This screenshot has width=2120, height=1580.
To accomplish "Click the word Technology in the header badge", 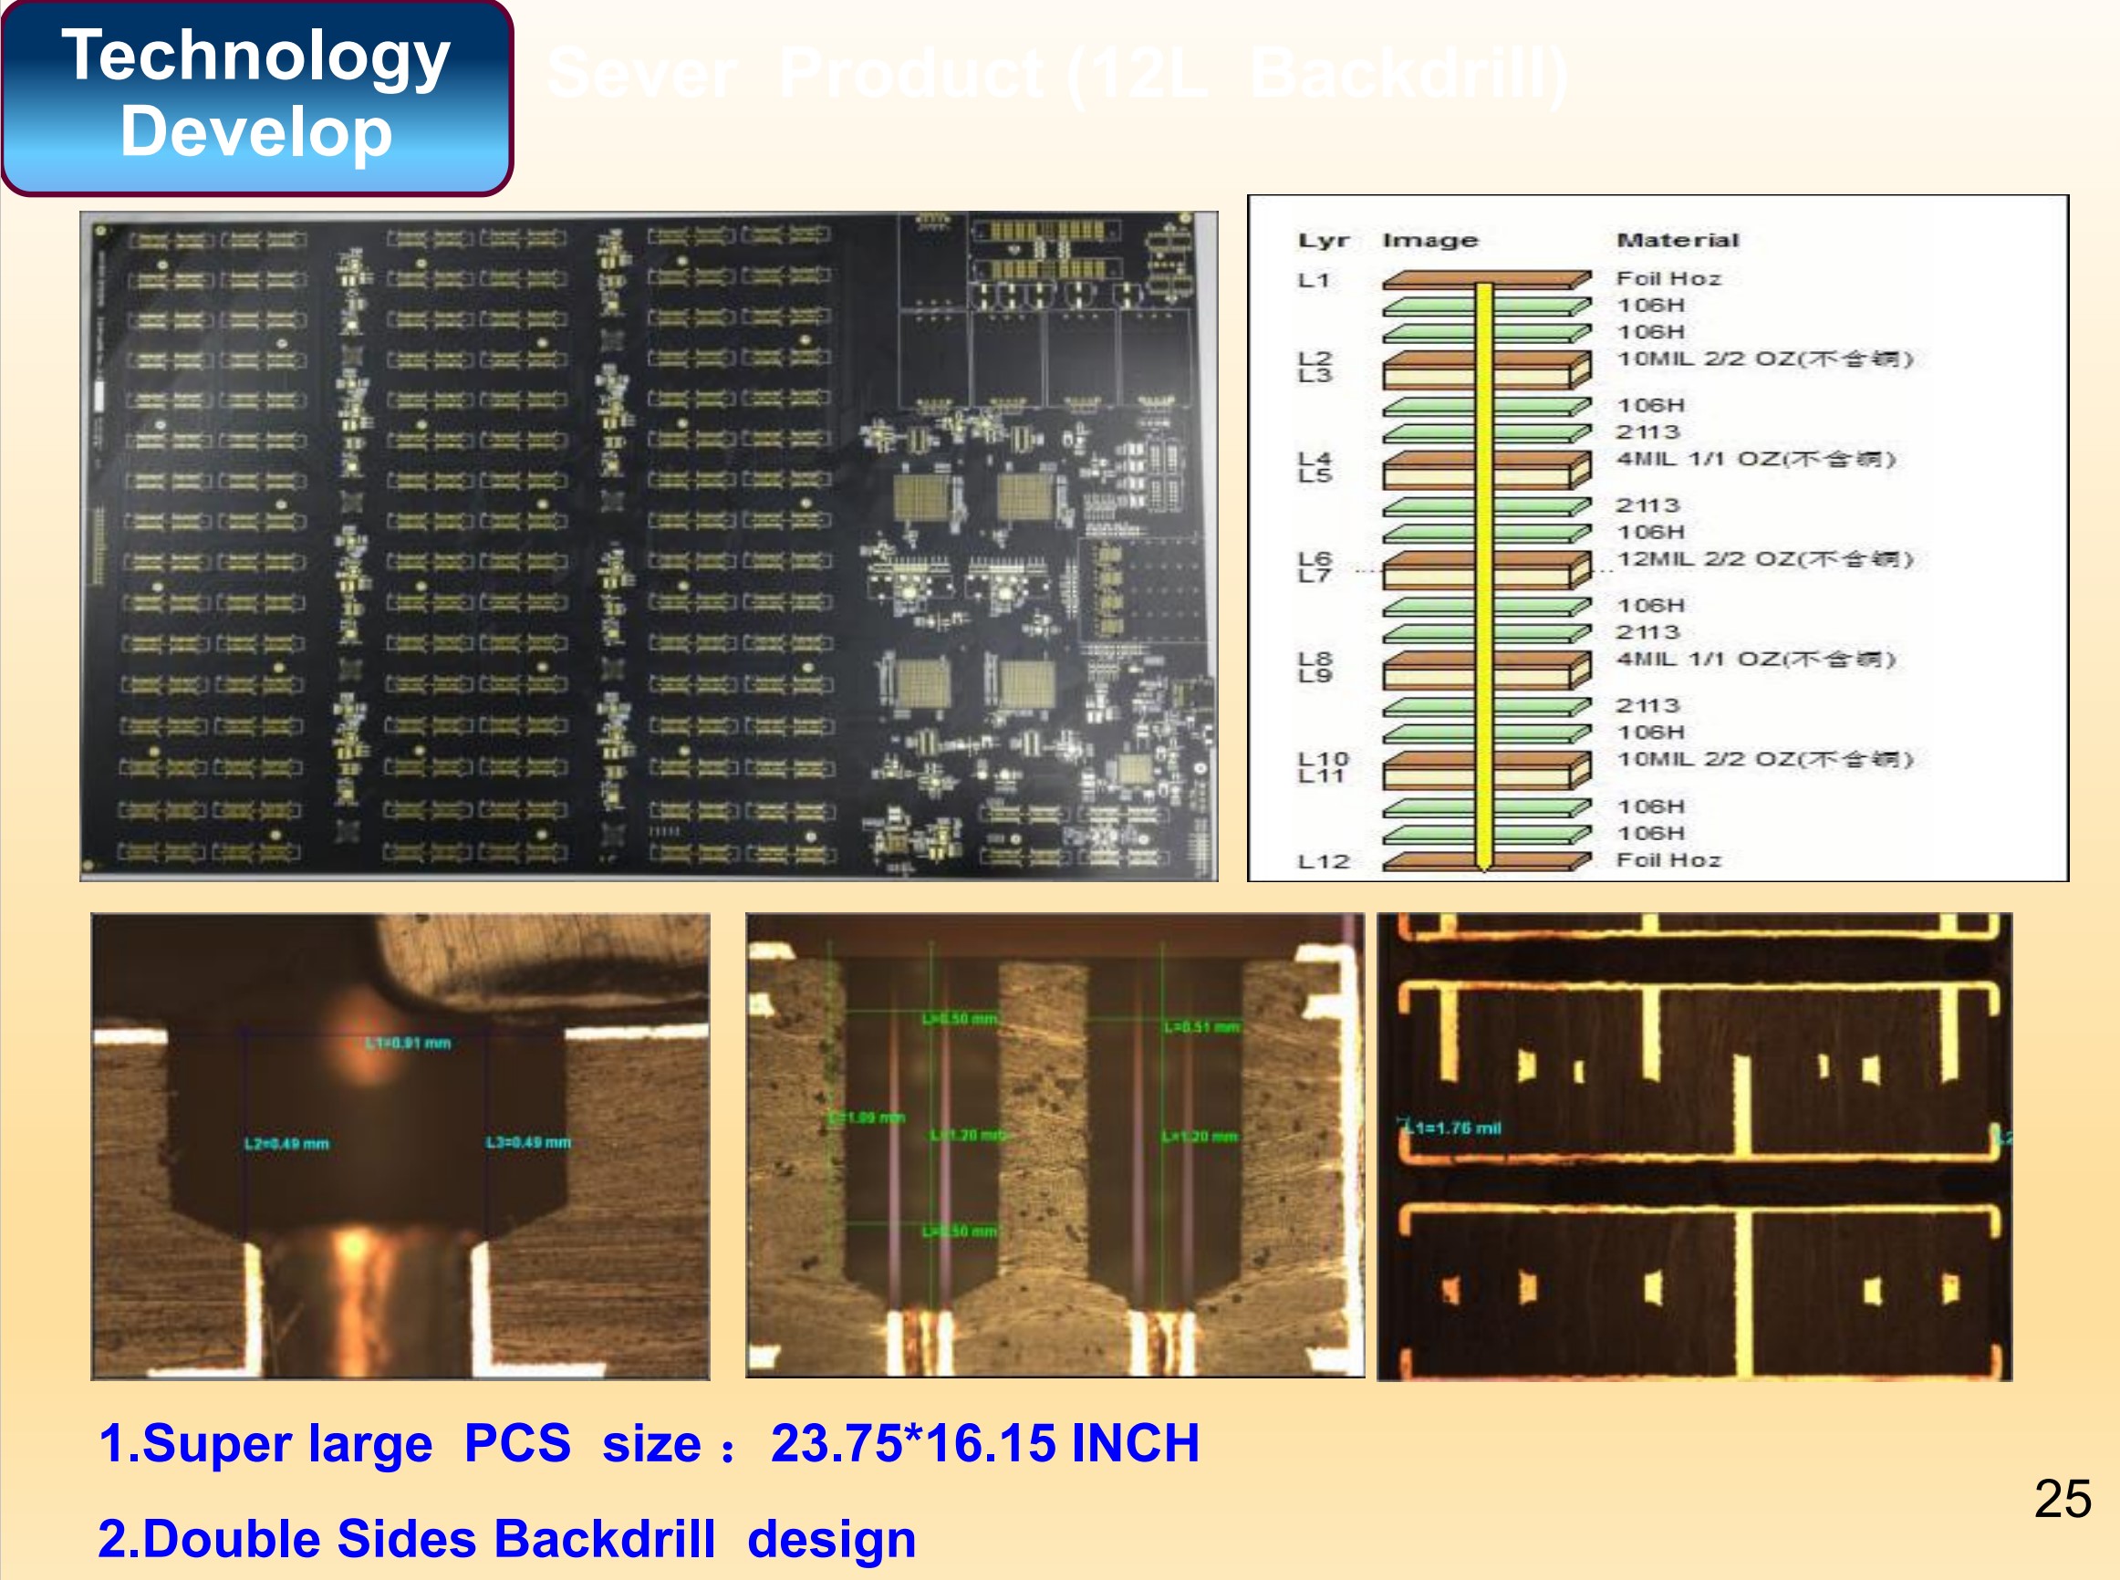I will [x=255, y=56].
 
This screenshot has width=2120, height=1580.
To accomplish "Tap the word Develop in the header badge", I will [x=255, y=132].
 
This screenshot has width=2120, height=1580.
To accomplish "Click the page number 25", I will [x=2062, y=1499].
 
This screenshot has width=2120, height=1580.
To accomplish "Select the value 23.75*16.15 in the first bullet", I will [x=912, y=1443].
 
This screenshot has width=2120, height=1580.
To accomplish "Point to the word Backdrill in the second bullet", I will [x=605, y=1539].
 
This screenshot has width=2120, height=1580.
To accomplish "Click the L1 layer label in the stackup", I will [x=1313, y=280].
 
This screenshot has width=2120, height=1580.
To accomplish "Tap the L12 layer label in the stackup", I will [x=1323, y=862].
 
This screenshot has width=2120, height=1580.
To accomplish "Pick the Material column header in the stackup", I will [x=1678, y=240].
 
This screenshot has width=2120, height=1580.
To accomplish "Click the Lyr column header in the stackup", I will [x=1323, y=240].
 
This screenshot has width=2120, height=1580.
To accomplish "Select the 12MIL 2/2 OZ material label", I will [x=1764, y=558].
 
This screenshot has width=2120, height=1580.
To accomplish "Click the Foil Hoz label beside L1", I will [x=1668, y=278].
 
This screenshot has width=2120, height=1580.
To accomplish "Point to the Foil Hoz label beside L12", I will [x=1668, y=860].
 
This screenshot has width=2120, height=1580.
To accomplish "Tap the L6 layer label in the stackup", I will [x=1314, y=557].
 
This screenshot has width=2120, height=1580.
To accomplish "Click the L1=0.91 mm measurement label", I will [x=409, y=1043].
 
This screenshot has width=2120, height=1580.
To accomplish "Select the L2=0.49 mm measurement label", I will [x=286, y=1144].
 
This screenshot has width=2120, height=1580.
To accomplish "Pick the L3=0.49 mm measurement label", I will [x=528, y=1142].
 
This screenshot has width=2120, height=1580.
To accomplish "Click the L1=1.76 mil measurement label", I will [x=1451, y=1128].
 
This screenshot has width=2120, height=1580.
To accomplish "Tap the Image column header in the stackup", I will [x=1429, y=240].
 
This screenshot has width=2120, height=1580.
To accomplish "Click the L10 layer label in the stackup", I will [x=1323, y=758].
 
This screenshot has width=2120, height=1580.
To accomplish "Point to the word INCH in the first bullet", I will [x=1134, y=1443].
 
